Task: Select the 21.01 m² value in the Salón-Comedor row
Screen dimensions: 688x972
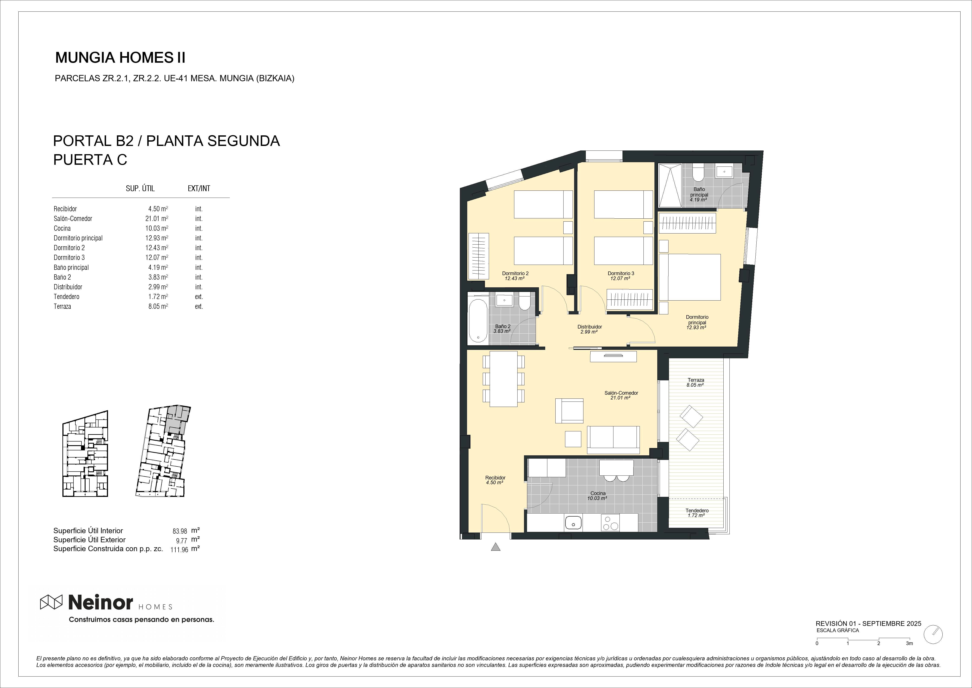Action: tap(157, 219)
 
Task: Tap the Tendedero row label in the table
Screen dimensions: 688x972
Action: tap(67, 297)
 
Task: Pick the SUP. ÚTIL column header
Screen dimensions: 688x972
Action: tap(140, 189)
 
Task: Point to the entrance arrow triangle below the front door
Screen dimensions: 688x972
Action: tap(495, 547)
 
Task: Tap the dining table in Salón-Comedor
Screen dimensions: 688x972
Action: tap(503, 379)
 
